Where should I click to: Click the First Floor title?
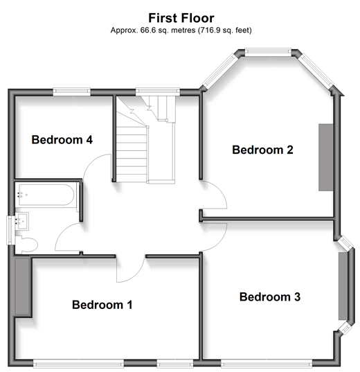click(x=181, y=18)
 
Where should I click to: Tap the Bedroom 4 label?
click(x=62, y=139)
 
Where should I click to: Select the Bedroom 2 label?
click(x=262, y=150)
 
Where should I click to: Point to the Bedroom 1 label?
click(x=102, y=305)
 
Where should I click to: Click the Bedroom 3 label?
click(x=270, y=296)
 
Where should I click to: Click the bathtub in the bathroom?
click(x=46, y=195)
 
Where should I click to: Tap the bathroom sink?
click(x=22, y=221)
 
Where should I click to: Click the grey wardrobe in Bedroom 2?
click(x=325, y=157)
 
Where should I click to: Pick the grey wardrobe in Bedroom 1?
click(x=22, y=286)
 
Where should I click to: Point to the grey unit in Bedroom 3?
click(x=343, y=286)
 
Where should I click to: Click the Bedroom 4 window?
click(x=71, y=91)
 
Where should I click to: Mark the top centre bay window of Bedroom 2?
click(x=268, y=52)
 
